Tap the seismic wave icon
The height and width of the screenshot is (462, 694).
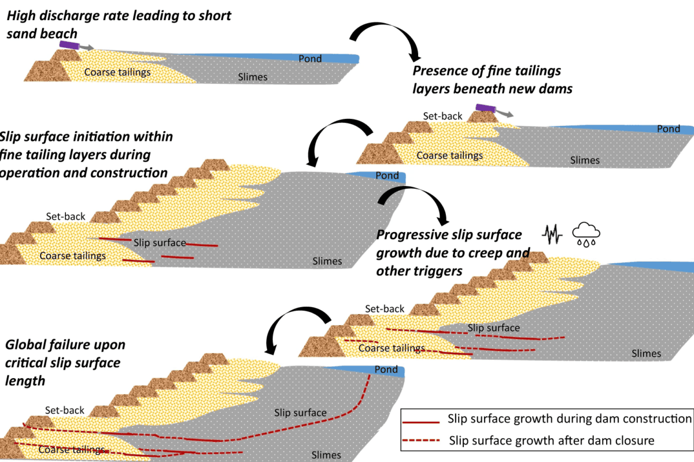552,234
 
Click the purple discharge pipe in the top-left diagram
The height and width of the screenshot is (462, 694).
68,44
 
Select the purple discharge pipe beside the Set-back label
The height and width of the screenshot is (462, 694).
485,108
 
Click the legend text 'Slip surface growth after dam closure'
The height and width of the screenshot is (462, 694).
551,441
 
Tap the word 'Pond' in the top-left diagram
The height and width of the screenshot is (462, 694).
310,59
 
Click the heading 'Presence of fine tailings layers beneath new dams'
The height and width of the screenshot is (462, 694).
486,80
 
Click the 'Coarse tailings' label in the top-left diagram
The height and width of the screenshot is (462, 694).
117,72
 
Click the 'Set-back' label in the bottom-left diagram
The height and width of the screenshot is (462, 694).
65,410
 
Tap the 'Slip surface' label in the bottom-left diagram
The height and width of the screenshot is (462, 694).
300,413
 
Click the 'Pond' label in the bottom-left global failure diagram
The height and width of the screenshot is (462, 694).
386,370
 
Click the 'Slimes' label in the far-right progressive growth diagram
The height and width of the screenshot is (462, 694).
646,353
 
